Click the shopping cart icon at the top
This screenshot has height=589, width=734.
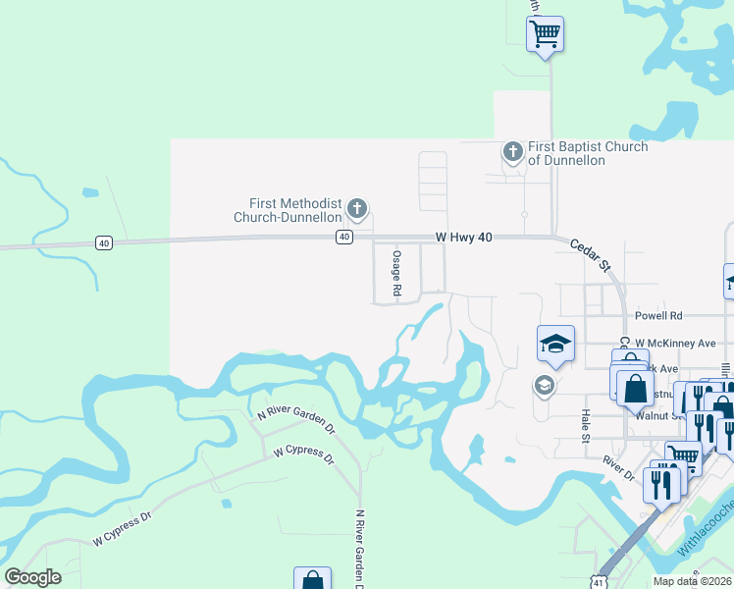pyautogui.click(x=545, y=34)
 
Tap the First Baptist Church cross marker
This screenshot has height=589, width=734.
pyautogui.click(x=512, y=152)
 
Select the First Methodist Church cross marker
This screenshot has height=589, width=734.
pyautogui.click(x=357, y=208)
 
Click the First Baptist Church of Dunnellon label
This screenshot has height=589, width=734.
pyautogui.click(x=587, y=153)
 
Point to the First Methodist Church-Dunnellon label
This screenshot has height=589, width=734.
pyautogui.click(x=288, y=209)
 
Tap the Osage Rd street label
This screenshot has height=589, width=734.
pyautogui.click(x=397, y=273)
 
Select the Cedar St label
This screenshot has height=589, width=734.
pyautogui.click(x=591, y=256)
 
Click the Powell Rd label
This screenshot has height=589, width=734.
pyautogui.click(x=658, y=316)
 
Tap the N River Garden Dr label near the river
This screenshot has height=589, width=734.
pyautogui.click(x=295, y=423)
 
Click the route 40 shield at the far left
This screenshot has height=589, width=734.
pyautogui.click(x=103, y=241)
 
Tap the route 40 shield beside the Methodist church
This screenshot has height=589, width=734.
pyautogui.click(x=343, y=237)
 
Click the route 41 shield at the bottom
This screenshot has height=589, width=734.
pyautogui.click(x=599, y=582)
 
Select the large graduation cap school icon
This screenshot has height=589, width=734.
pyautogui.click(x=555, y=344)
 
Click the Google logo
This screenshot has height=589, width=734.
pyautogui.click(x=33, y=577)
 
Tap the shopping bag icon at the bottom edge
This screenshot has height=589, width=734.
pyautogui.click(x=311, y=580)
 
